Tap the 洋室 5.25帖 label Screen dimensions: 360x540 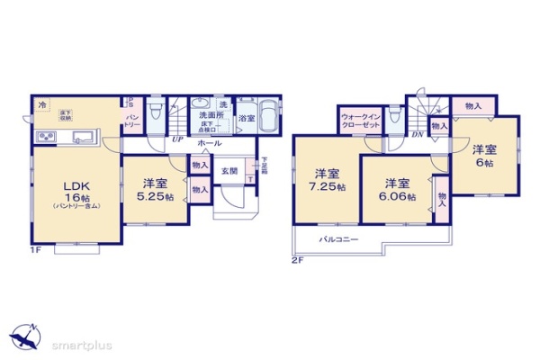point(148,184)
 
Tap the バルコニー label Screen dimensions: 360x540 point(339,239)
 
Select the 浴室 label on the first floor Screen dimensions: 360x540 point(247,119)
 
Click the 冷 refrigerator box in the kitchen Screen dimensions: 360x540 point(42,106)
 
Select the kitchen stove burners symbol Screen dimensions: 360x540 point(46,138)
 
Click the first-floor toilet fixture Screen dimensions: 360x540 point(156,113)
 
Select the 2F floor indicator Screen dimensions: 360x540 point(298,261)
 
